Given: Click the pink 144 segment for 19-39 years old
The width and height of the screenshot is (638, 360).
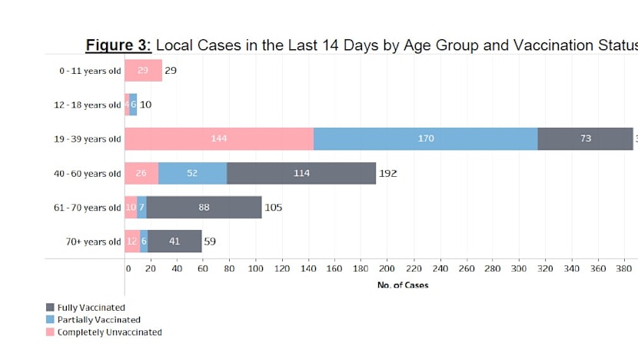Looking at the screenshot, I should pos(219,138).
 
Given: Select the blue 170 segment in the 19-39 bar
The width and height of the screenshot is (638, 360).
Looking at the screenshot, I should pos(425,138).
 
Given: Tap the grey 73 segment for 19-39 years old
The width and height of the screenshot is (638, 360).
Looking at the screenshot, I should pos(585,138).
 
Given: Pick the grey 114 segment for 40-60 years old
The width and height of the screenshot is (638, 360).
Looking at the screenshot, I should pos(301,173).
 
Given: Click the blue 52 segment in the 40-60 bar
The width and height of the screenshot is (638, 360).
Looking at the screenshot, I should pos(192,173).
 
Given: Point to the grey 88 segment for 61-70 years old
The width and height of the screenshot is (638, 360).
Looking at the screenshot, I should pos(204,207).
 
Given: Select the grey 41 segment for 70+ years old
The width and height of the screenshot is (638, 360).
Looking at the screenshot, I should pos(174,241).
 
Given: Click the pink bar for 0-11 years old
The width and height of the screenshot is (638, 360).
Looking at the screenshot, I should pos(143,70).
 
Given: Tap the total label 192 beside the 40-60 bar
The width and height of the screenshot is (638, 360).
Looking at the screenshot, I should pos(387,173).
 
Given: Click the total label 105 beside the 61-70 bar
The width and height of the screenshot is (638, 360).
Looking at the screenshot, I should pos(274,207).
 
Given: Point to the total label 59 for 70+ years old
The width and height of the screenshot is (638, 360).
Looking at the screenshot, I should pos(209,241).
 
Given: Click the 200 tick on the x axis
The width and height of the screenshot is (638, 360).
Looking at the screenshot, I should pos(387,268).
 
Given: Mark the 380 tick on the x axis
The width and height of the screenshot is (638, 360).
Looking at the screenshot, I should pos(622,268).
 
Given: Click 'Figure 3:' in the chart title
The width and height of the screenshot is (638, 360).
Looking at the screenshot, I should pos(118,45).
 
